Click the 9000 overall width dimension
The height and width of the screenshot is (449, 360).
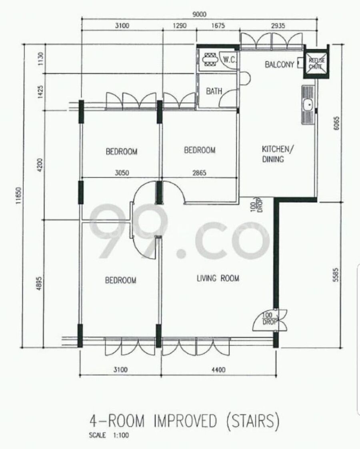tap(199, 14)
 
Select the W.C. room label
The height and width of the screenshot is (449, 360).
tap(230, 60)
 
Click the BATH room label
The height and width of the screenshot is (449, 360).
tap(214, 91)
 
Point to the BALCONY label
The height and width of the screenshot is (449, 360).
tap(280, 64)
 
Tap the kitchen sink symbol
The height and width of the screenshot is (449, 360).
tap(308, 105)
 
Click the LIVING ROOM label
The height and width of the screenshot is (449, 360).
tap(218, 278)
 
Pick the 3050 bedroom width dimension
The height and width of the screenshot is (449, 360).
tap(122, 173)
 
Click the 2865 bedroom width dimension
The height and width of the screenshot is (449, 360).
tap(199, 173)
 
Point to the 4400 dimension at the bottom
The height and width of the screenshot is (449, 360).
tap(218, 370)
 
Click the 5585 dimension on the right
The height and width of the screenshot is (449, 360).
tap(336, 275)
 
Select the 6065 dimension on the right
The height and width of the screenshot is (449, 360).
tap(336, 123)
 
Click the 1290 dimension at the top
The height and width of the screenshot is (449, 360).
tap(180, 26)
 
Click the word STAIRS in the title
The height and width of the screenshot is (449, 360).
tap(252, 421)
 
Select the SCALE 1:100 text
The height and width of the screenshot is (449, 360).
tap(109, 435)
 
